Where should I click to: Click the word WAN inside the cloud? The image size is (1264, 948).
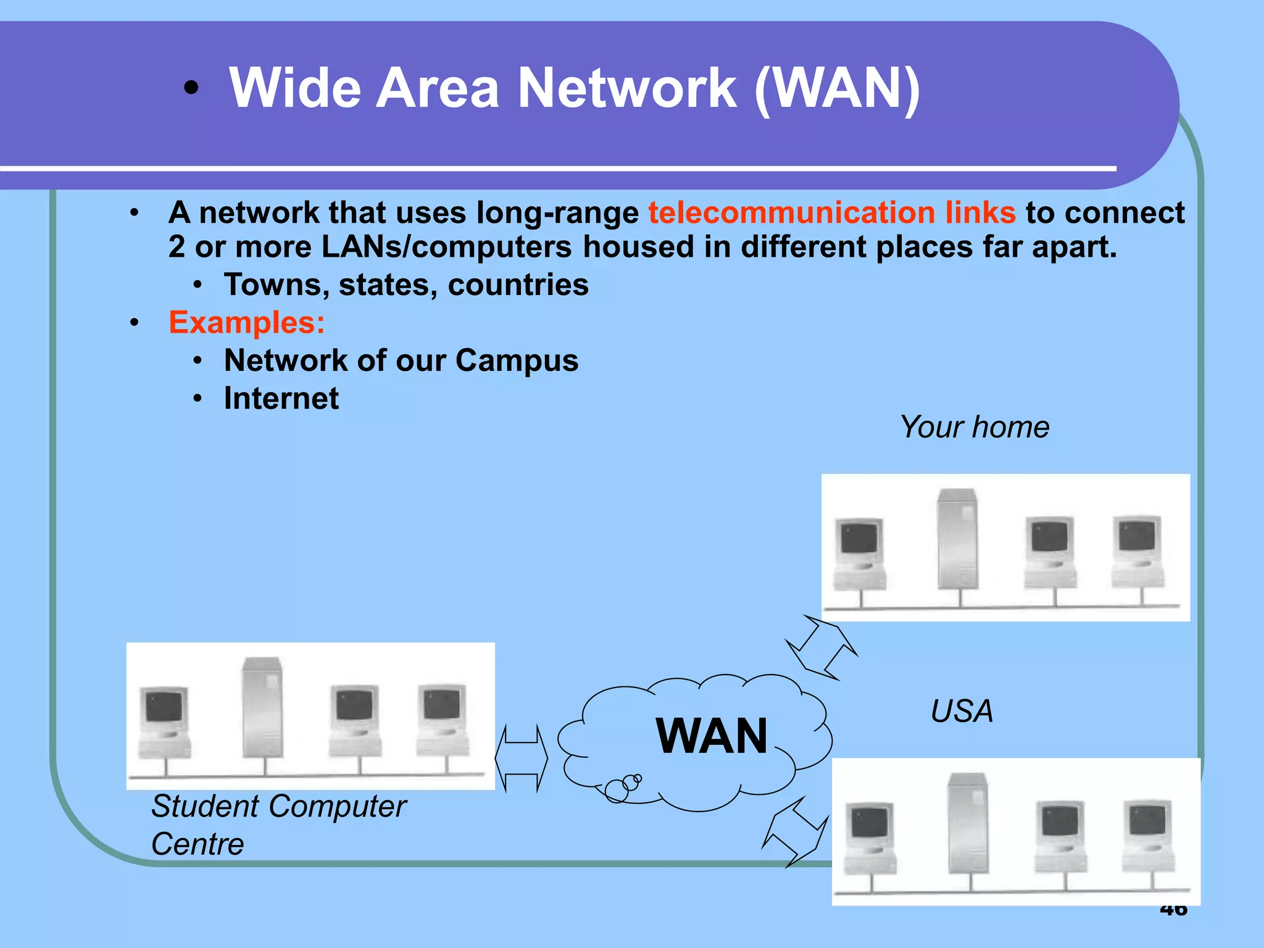[712, 736]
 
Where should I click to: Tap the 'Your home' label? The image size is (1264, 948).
[974, 427]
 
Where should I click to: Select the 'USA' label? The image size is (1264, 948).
[962, 711]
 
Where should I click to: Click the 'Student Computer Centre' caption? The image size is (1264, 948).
[278, 825]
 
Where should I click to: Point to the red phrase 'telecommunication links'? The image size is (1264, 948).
[831, 213]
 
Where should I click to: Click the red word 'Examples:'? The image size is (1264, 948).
[246, 322]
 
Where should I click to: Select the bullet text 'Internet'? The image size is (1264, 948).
[281, 398]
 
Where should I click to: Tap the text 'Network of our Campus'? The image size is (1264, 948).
[401, 360]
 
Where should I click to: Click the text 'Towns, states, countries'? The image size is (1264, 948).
[406, 285]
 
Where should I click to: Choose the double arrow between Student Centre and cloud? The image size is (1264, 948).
[521, 759]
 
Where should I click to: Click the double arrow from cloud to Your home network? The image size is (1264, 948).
[821, 648]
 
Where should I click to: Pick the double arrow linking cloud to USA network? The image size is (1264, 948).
[796, 832]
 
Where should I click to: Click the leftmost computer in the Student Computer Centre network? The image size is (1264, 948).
[164, 722]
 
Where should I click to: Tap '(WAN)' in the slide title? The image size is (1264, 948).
[837, 88]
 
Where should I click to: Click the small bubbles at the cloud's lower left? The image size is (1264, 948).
[622, 787]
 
